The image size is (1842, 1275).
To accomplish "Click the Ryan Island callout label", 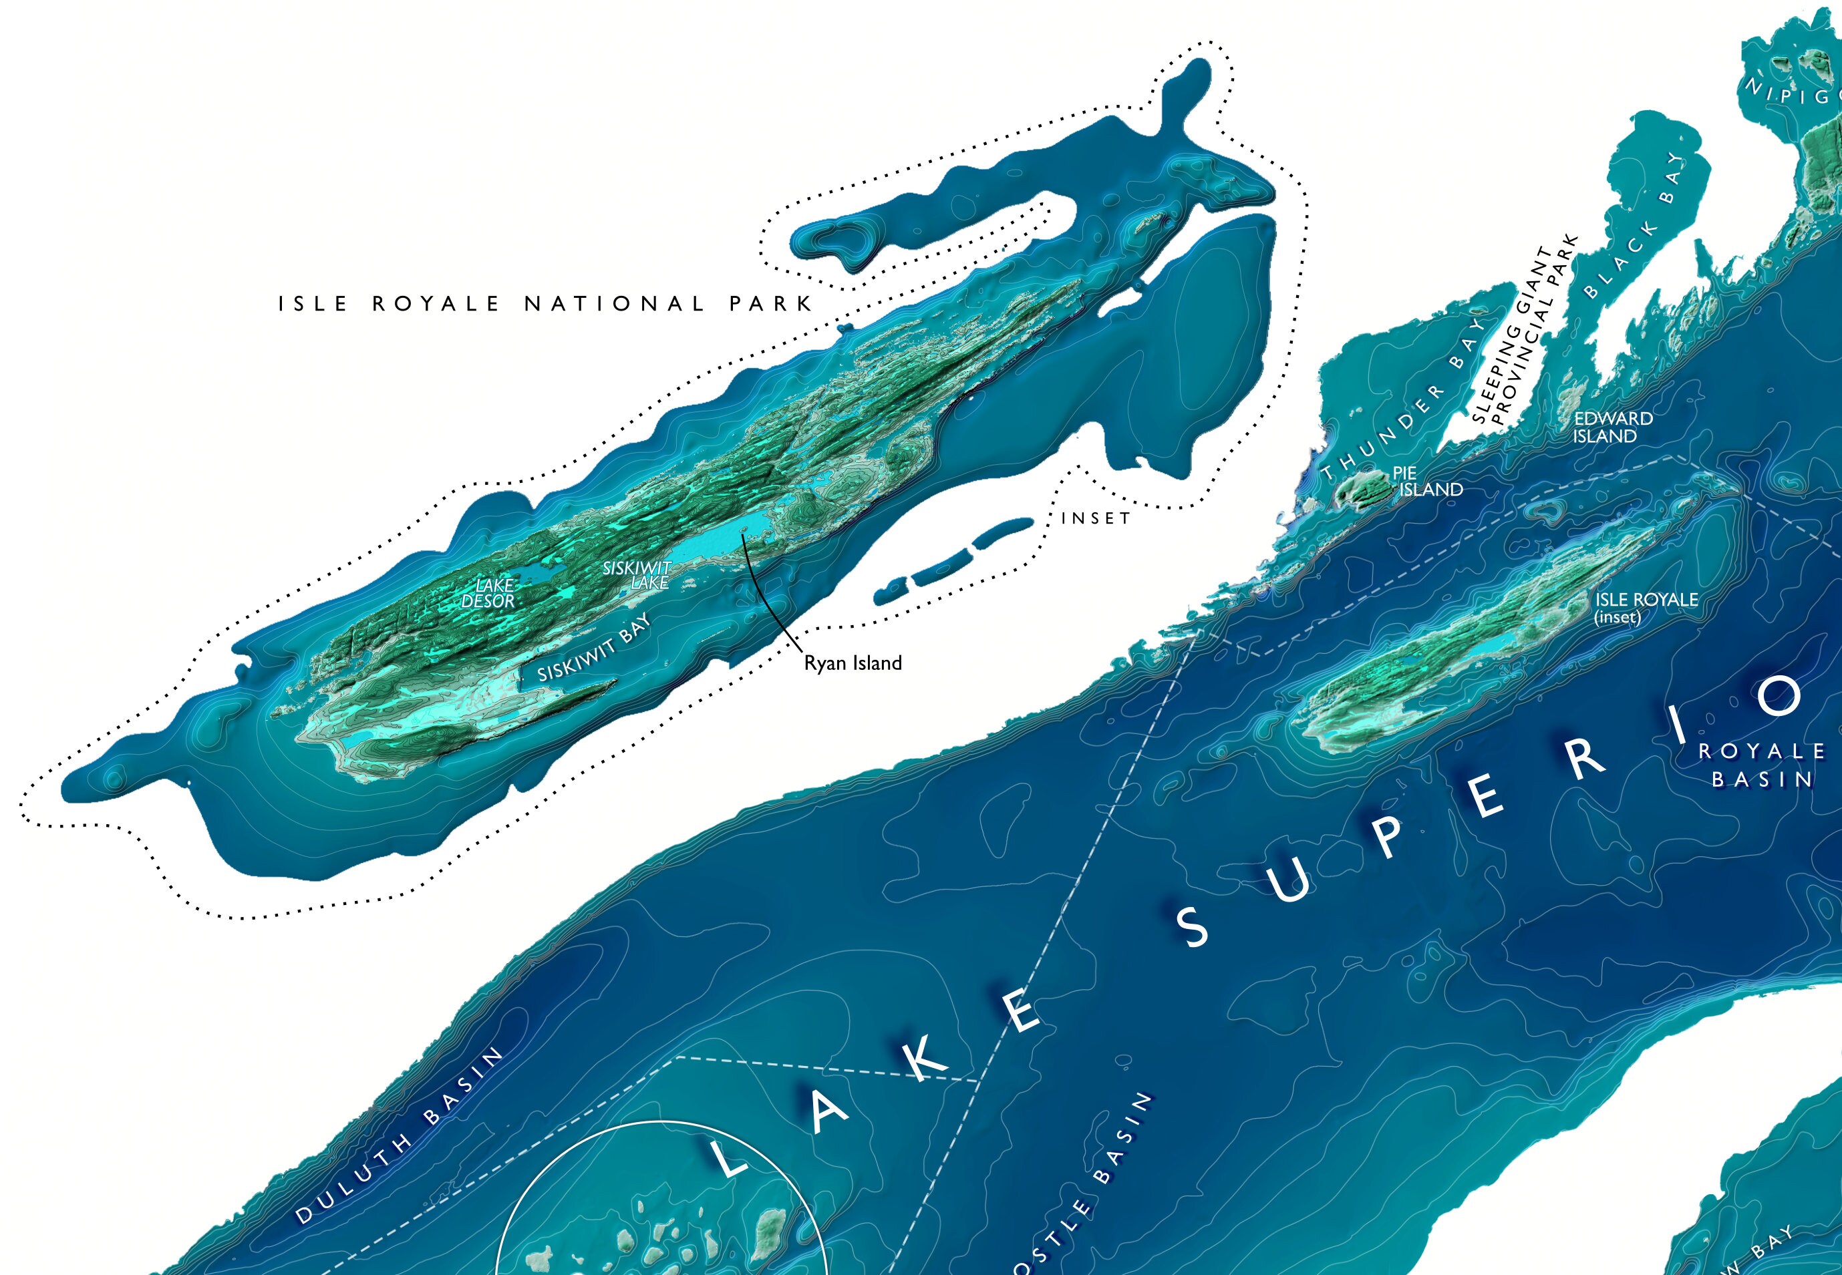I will pyautogui.click(x=853, y=663).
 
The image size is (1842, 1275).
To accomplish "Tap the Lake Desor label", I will pyautogui.click(x=489, y=593).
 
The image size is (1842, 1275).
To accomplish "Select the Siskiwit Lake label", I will pyautogui.click(x=637, y=574).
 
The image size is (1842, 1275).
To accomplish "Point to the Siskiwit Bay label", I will pyautogui.click(x=594, y=649).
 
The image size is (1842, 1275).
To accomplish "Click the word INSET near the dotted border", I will pyautogui.click(x=1096, y=518).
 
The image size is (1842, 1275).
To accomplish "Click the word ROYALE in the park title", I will pyautogui.click(x=436, y=305).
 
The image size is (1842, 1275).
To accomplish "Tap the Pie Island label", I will pyautogui.click(x=1427, y=482).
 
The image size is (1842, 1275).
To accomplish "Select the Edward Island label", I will pyautogui.click(x=1613, y=427).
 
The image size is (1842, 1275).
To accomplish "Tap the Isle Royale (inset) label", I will pyautogui.click(x=1646, y=607).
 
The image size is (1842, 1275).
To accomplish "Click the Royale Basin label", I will pyautogui.click(x=1762, y=765).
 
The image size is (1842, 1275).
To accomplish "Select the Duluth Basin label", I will pyautogui.click(x=400, y=1136).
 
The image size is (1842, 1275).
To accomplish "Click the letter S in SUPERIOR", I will pyautogui.click(x=1195, y=928).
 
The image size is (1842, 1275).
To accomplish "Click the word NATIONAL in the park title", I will pyautogui.click(x=615, y=305).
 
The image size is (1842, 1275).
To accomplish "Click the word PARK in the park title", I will pyautogui.click(x=770, y=305).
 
